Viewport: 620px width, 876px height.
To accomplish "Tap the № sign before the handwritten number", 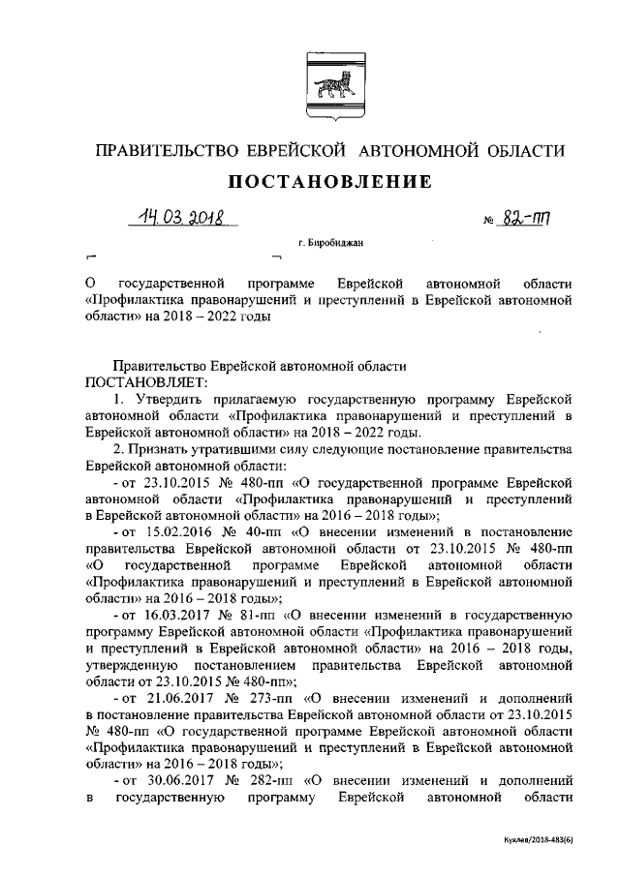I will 488,222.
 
